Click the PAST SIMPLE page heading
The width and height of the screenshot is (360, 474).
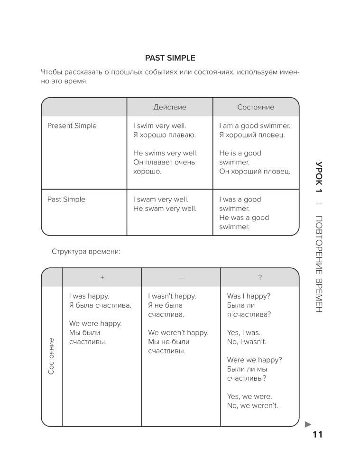(170, 58)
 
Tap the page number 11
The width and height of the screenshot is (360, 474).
(317, 434)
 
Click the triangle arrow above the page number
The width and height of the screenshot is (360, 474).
(308, 424)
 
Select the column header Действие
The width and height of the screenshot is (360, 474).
(170, 107)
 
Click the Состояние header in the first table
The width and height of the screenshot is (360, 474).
(256, 107)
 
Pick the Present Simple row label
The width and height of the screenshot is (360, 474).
(72, 126)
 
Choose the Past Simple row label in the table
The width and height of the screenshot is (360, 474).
(66, 200)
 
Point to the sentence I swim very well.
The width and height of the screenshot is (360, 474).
(160, 126)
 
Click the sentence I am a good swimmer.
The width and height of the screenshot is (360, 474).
(255, 126)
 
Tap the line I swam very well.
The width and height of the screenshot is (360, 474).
(161, 200)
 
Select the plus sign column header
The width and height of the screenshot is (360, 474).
(102, 277)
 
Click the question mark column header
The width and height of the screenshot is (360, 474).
(260, 277)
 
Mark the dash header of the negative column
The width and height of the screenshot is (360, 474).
(181, 277)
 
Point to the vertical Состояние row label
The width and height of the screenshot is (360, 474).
(51, 356)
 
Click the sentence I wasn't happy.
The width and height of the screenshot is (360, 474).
(172, 296)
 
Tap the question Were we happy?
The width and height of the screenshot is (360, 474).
(254, 360)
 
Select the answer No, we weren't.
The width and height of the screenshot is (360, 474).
(252, 406)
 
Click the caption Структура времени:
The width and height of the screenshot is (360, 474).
(86, 252)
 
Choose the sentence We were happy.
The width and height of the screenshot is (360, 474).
(95, 323)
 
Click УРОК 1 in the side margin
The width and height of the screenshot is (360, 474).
(319, 177)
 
